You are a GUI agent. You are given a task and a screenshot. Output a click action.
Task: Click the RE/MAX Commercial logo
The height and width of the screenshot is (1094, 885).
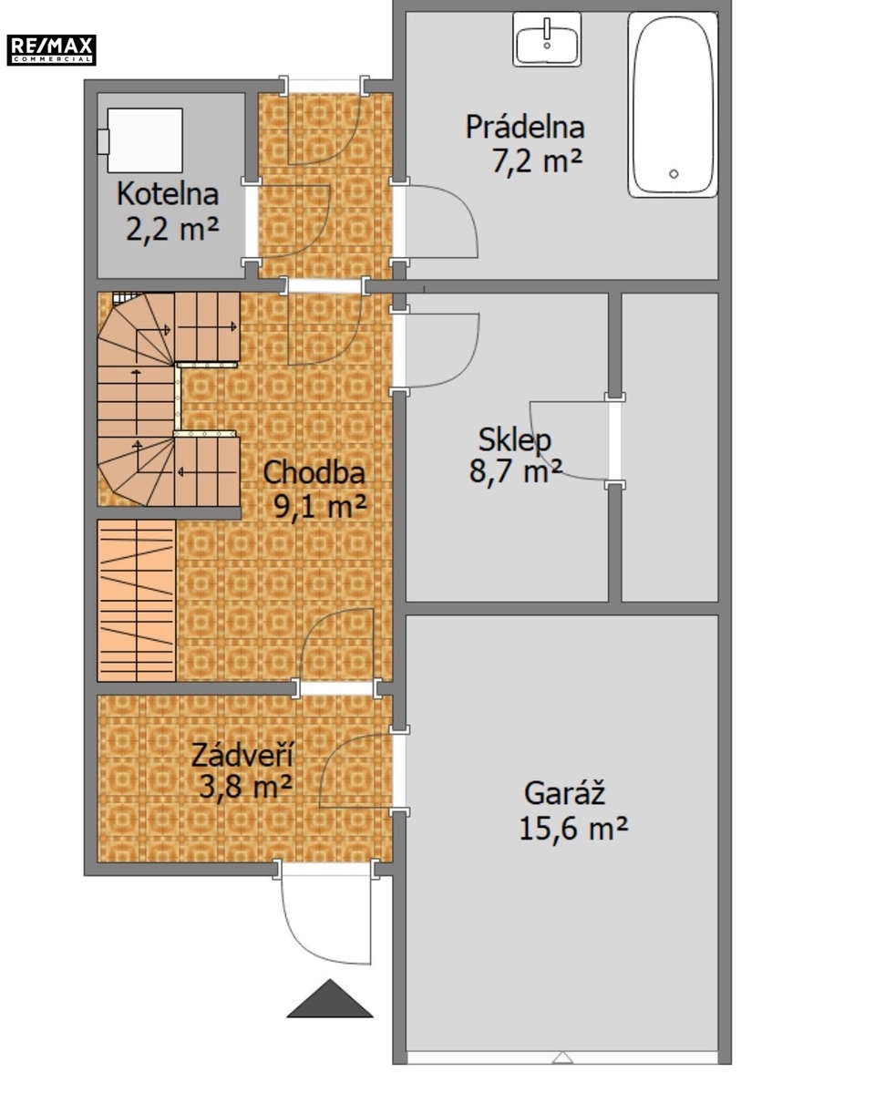pos(51,50)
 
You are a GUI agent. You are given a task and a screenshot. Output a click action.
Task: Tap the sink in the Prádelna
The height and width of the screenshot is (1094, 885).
pos(547,39)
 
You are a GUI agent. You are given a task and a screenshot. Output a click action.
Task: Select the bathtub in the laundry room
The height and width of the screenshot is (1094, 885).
pos(673,105)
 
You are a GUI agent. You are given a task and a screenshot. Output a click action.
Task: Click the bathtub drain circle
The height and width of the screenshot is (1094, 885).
pos(674,174)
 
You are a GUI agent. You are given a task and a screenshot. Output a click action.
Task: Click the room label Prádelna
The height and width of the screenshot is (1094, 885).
pos(525,127)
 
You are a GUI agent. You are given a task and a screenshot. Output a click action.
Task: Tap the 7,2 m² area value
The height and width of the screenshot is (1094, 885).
pos(537,160)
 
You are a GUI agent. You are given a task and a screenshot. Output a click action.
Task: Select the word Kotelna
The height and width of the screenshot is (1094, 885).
pos(168,194)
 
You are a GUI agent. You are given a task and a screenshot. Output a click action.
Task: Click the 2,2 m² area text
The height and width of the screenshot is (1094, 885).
pos(172,229)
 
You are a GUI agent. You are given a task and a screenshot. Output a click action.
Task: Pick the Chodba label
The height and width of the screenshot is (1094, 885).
pos(314,472)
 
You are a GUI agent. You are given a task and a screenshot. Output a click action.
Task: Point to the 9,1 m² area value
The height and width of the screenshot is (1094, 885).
pos(320,507)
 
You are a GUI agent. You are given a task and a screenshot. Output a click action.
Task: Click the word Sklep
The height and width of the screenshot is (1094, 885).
pos(515,440)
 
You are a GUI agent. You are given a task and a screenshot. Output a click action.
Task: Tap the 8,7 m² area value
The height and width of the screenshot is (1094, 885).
pos(515,470)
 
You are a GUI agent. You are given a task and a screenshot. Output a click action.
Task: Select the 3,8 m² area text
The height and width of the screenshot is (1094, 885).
pos(245,787)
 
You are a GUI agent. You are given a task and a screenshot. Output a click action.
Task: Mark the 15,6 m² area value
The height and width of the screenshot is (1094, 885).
pos(573,829)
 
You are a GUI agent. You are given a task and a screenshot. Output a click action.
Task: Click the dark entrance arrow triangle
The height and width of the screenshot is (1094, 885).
pos(330,999)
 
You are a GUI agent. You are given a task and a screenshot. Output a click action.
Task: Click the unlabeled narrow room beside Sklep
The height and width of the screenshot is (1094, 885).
pos(670,447)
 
